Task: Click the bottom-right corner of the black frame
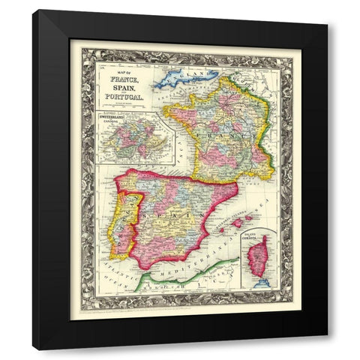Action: pos(326,349)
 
